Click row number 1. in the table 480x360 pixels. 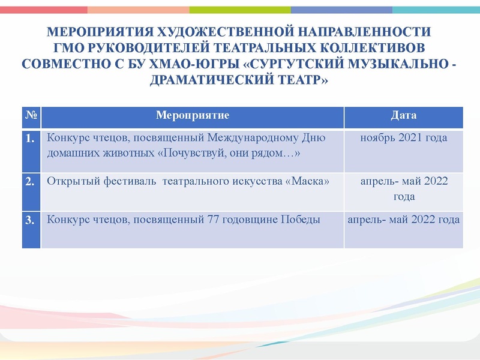[x=31, y=139]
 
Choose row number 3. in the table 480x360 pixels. [x=31, y=220]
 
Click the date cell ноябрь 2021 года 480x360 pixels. [x=403, y=138]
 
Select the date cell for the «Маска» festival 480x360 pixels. [x=403, y=188]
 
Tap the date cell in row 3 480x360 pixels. [x=403, y=220]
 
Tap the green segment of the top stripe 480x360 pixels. [x=240, y=10]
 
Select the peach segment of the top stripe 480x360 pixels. [x=138, y=10]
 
